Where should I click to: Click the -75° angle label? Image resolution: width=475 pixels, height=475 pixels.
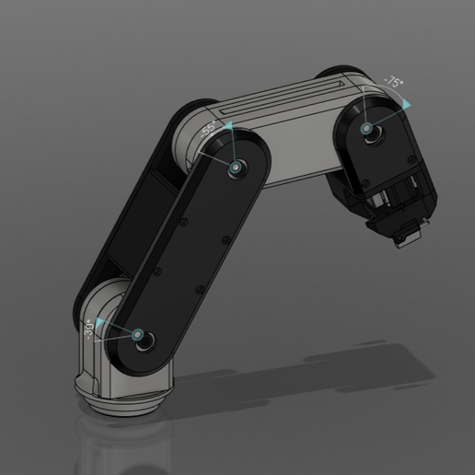click(393, 82)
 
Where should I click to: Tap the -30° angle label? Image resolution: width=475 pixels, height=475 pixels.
click(90, 329)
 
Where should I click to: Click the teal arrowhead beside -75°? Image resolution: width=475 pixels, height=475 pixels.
click(405, 106)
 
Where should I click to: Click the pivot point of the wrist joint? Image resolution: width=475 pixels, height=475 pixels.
click(368, 129)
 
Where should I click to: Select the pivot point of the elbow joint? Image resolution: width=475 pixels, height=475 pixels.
click(237, 168)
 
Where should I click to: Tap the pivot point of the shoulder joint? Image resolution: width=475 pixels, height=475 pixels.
click(139, 336)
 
